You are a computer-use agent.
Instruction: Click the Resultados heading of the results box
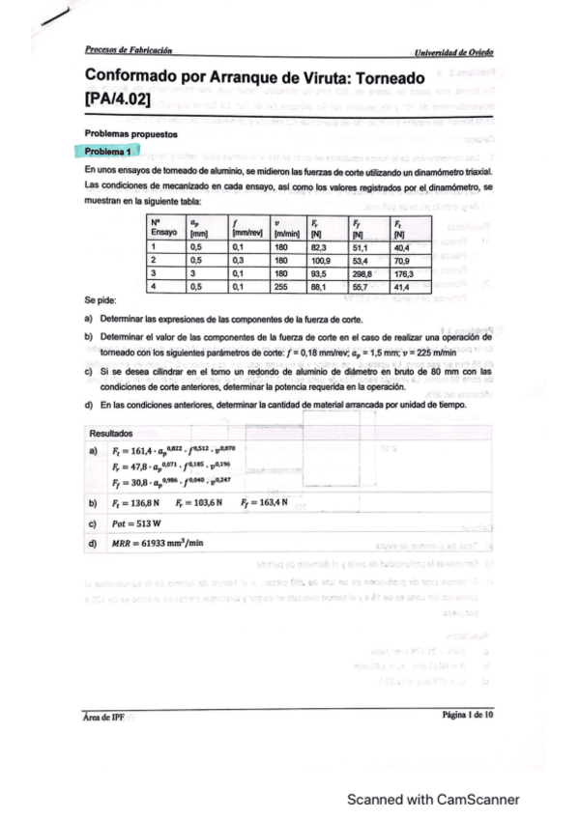click(x=112, y=433)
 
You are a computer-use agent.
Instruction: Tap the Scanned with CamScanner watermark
click(x=433, y=800)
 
